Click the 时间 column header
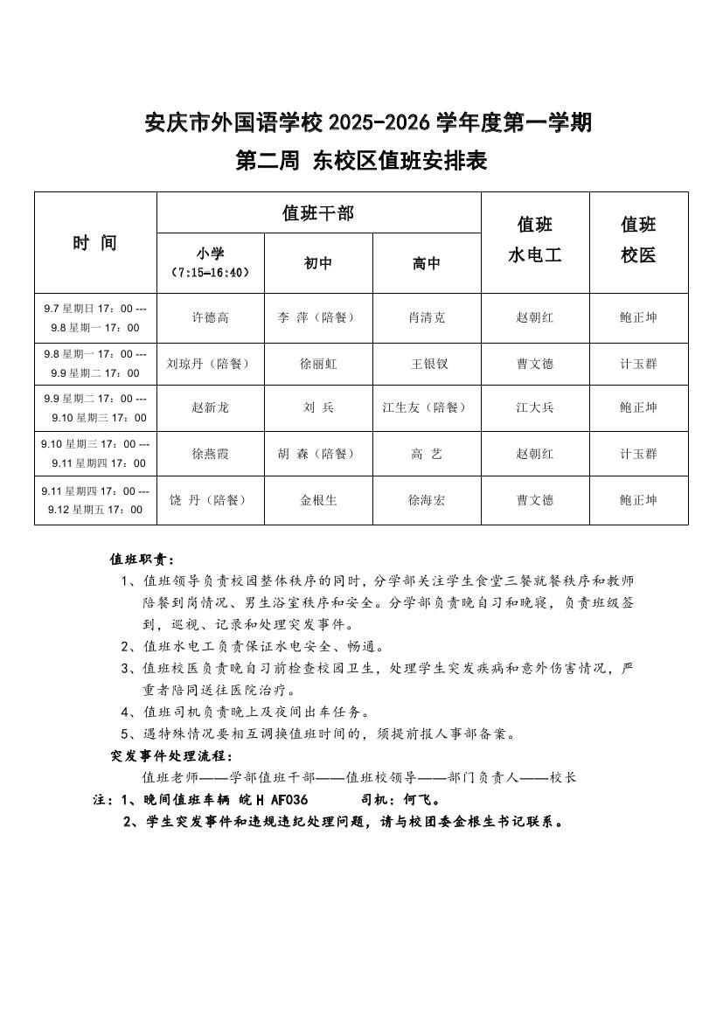[94, 243]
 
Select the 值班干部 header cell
[318, 212]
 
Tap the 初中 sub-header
[317, 263]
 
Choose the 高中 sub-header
[427, 263]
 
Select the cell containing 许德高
[210, 317]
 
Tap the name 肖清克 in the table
[427, 317]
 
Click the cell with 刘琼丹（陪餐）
[210, 364]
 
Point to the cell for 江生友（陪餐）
[427, 407]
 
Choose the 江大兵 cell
[535, 407]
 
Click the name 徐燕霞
[210, 454]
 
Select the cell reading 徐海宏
[427, 500]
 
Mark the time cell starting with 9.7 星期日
[95, 317]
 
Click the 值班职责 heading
[142, 559]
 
